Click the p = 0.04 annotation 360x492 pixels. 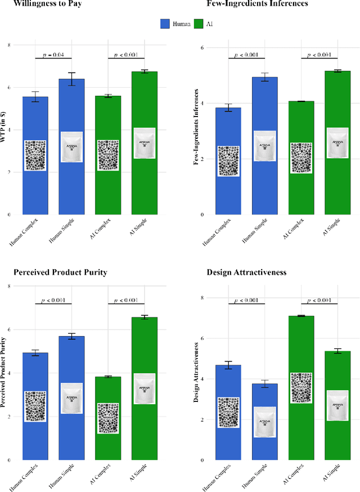pyautogui.click(x=53, y=55)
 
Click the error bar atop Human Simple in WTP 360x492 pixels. pyautogui.click(x=71, y=79)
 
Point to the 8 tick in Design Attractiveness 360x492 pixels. pyautogui.click(x=204, y=297)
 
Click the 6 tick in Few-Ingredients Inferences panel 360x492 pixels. pyautogui.click(x=204, y=48)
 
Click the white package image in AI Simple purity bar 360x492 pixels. pyautogui.click(x=144, y=388)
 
